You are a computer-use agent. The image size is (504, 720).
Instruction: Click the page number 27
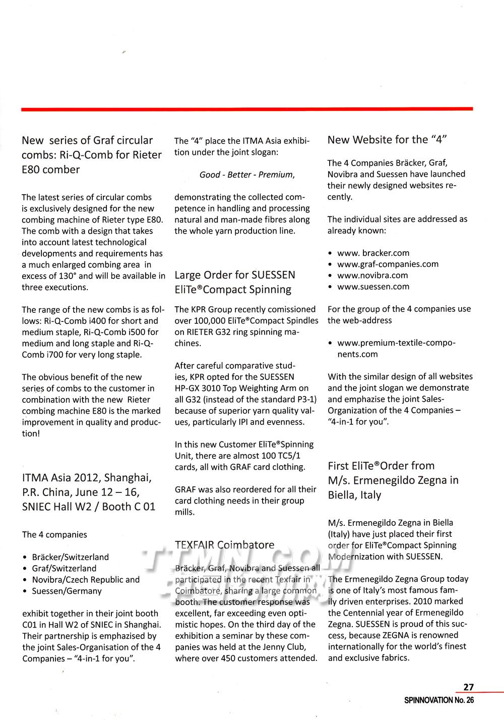469,687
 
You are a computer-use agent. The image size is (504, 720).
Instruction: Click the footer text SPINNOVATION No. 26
439,700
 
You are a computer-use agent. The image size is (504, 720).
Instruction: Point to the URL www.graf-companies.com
388,264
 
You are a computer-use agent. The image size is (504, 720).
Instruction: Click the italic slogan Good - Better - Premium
247,175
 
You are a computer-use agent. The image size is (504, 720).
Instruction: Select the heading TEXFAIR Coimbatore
224,545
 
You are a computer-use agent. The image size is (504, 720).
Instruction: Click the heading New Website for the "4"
387,140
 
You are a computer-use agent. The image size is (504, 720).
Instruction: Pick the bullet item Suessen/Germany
67,591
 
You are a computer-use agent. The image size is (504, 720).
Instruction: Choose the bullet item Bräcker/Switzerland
70,557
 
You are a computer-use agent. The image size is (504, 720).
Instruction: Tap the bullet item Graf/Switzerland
64,568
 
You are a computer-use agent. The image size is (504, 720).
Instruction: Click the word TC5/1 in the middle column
289,456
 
